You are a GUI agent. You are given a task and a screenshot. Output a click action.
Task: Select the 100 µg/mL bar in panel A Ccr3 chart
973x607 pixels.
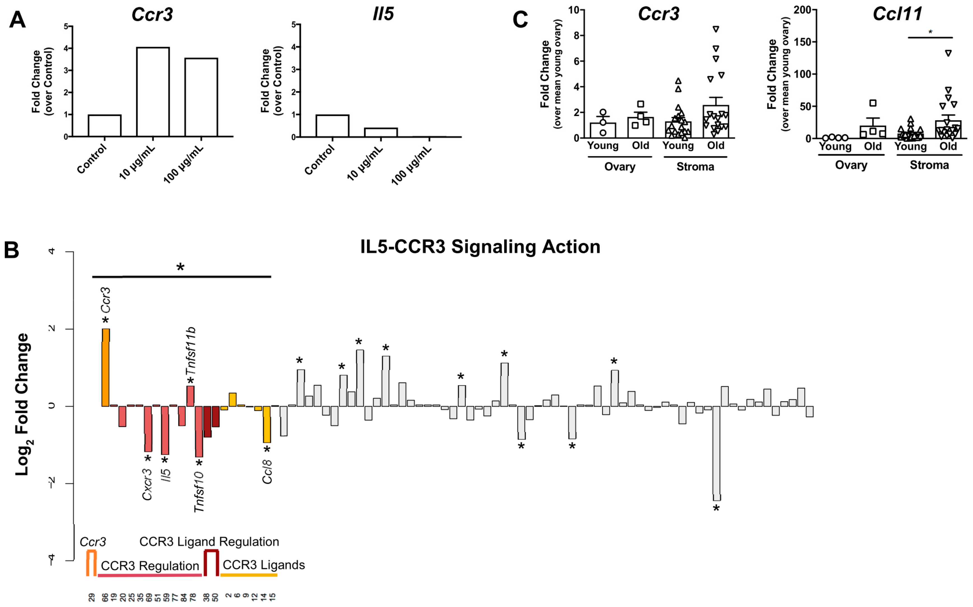(201, 97)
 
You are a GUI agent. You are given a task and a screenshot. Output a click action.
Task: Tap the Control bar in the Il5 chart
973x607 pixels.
(332, 126)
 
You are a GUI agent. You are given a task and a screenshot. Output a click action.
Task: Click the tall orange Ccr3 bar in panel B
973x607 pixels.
(106, 367)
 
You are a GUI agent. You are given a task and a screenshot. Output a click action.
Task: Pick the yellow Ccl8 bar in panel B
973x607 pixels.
(267, 424)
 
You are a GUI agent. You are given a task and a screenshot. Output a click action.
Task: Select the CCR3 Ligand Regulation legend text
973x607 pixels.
(209, 542)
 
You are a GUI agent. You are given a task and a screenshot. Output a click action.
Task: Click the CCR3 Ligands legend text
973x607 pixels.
(264, 565)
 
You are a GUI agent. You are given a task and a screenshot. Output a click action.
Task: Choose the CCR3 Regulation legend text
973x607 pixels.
(150, 566)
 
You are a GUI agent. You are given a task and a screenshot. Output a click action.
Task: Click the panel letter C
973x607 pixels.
(520, 19)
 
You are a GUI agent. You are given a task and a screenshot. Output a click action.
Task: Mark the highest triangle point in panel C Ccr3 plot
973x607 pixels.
(716, 29)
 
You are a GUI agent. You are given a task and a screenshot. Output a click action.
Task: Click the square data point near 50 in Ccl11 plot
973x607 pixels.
(873, 103)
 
